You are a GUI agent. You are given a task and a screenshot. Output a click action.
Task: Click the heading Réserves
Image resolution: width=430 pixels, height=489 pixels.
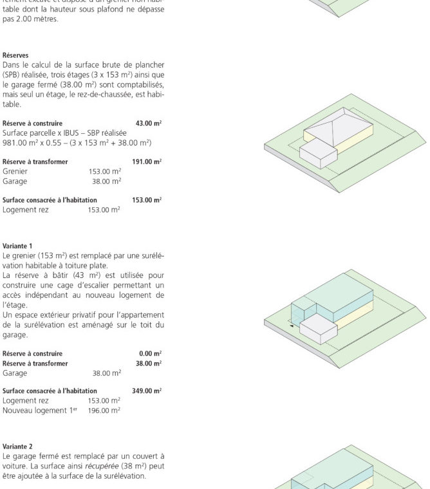coord(15,55)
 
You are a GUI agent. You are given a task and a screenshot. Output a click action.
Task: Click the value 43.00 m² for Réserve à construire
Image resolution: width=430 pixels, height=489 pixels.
coord(149,123)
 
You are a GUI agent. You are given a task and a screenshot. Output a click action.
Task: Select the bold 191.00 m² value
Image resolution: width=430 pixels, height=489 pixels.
coord(147,162)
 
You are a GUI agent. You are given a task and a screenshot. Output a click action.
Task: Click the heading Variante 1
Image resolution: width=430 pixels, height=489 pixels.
coord(17,246)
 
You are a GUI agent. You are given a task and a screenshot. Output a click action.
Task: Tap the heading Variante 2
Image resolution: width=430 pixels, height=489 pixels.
coord(17,446)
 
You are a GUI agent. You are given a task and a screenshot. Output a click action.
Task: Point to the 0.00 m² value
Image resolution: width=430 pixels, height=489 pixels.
coord(151,353)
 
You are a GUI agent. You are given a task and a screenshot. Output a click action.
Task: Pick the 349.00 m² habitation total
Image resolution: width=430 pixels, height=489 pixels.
coord(147,391)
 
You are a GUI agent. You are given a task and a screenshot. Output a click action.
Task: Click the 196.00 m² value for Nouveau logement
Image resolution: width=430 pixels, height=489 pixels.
coord(104,410)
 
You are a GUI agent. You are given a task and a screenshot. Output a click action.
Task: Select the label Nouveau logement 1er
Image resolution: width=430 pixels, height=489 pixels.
coord(39,410)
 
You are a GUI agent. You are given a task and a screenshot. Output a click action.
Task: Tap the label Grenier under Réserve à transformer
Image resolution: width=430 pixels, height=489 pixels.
coord(15,172)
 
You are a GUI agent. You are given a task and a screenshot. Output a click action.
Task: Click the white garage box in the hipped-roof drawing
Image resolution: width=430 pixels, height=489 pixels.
coord(319,154)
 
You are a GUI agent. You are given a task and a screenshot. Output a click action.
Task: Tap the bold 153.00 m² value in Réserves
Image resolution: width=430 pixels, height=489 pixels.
coord(147,200)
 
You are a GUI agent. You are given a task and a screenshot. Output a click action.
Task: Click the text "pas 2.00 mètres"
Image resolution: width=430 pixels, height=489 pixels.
coord(30,19)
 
